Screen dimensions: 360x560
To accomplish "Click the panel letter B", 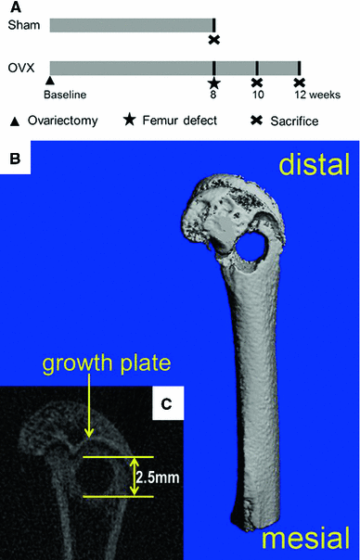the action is pyautogui.click(x=16, y=159).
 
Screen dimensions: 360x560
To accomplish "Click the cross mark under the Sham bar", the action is pyautogui.click(x=214, y=39).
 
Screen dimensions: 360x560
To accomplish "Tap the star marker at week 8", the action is pyautogui.click(x=214, y=83).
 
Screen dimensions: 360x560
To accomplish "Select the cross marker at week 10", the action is pyautogui.click(x=257, y=83).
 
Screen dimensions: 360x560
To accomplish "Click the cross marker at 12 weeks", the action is pyautogui.click(x=300, y=83).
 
